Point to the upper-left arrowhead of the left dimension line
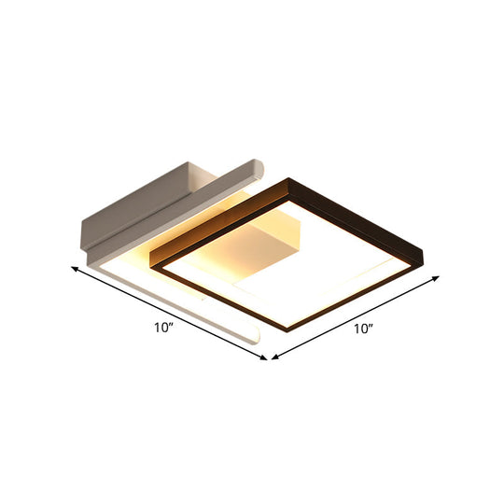point(75,269)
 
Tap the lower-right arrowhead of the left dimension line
point(264,357)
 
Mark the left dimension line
point(168,312)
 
